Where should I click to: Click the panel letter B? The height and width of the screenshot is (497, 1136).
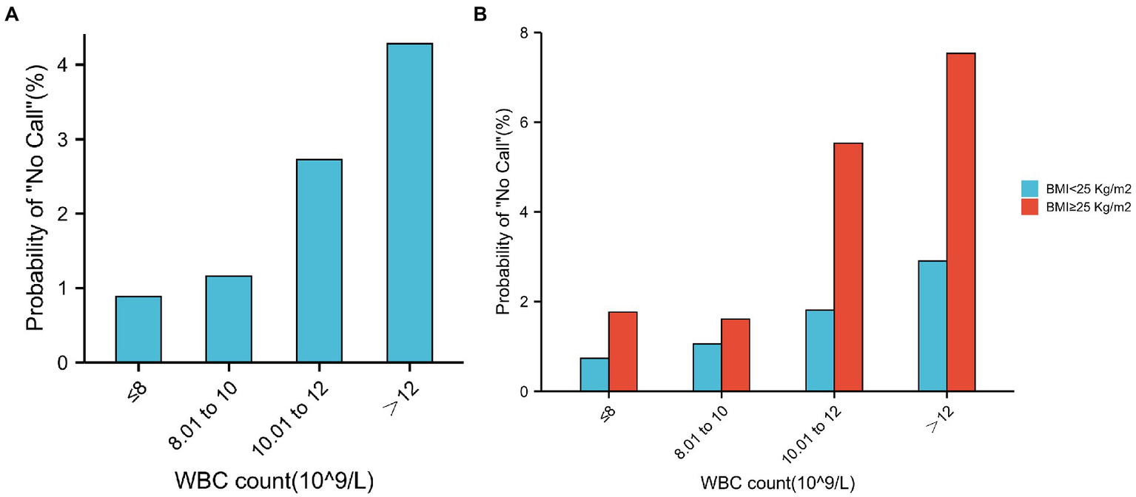coord(480,13)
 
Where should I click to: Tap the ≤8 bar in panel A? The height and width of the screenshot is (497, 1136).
coord(138,329)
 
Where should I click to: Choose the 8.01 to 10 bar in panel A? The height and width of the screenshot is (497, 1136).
coord(229,319)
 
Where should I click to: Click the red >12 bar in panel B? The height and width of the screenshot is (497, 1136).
coord(961,222)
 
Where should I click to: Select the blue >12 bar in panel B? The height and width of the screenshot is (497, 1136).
coord(932,325)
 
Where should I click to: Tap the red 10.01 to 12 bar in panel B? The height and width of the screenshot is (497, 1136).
coord(848,267)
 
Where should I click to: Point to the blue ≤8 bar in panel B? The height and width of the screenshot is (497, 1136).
coord(594,374)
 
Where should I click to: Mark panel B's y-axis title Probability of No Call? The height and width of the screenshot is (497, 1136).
coord(503,212)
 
